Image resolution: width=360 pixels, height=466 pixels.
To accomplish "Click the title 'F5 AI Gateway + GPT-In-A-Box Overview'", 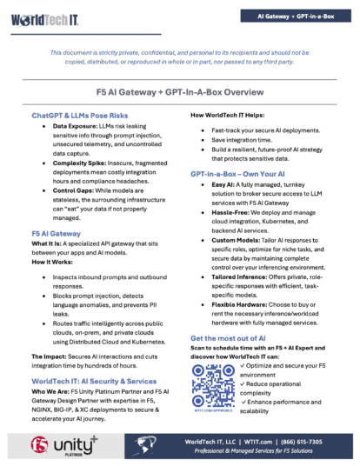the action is click(180, 91).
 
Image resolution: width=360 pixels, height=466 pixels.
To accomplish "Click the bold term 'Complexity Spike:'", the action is click(83, 160).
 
